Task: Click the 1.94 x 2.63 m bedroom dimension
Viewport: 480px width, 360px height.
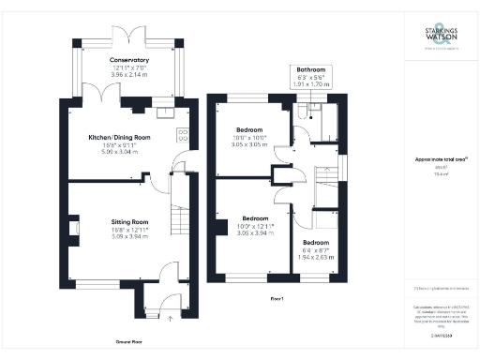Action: (x=321, y=255)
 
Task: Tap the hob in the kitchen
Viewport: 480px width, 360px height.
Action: (x=182, y=136)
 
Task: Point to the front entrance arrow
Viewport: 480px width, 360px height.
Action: (x=170, y=319)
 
